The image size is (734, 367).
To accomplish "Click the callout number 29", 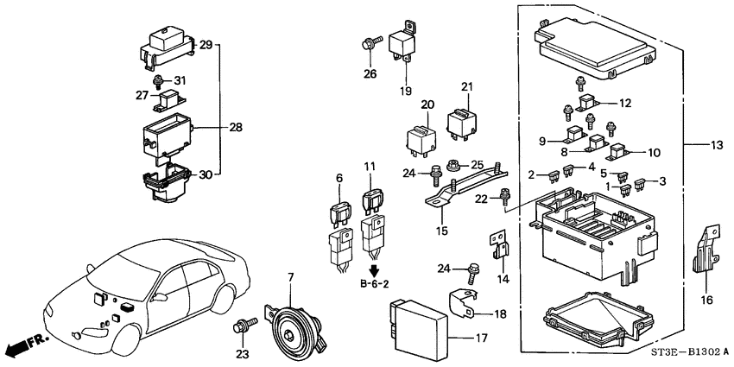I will point(206,44).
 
